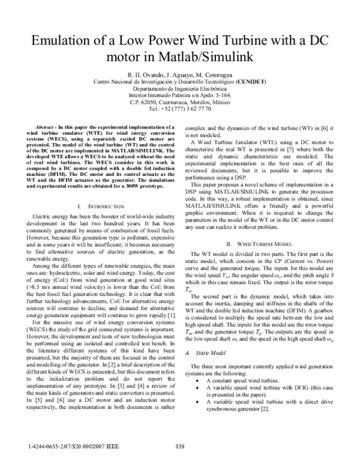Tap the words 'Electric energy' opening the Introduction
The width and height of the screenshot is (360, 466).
51,217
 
